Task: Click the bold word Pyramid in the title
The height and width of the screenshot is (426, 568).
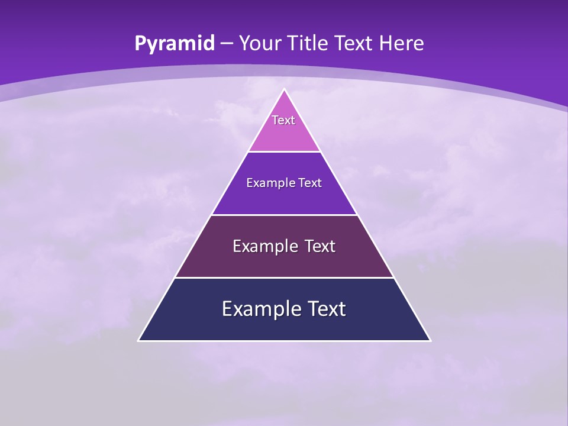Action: (174, 44)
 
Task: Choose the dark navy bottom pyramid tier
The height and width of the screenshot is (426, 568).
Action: (284, 325)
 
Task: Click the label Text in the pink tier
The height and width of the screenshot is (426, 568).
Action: (283, 120)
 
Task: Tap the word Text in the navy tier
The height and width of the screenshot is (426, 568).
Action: (322, 309)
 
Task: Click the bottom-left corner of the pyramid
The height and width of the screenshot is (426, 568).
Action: (139, 340)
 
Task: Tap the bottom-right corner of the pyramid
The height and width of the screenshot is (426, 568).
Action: (430, 340)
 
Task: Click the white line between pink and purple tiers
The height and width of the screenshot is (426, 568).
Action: (284, 151)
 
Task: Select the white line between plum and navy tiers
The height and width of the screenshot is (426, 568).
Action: (284, 277)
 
